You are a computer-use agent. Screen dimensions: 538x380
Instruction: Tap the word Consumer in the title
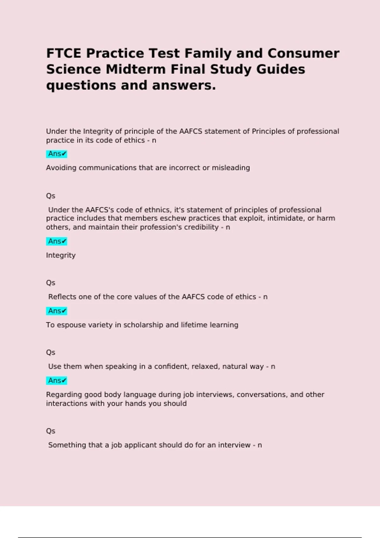click(x=303, y=53)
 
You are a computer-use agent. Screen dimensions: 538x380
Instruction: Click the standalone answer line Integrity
click(x=61, y=255)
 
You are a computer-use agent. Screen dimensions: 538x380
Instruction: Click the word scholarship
click(x=143, y=325)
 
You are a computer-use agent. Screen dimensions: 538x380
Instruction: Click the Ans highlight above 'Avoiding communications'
click(x=57, y=154)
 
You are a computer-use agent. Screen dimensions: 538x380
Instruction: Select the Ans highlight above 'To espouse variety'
click(x=57, y=311)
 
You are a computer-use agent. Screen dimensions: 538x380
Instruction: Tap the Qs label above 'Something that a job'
click(x=51, y=431)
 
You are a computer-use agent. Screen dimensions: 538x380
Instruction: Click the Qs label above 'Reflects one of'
click(x=51, y=283)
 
